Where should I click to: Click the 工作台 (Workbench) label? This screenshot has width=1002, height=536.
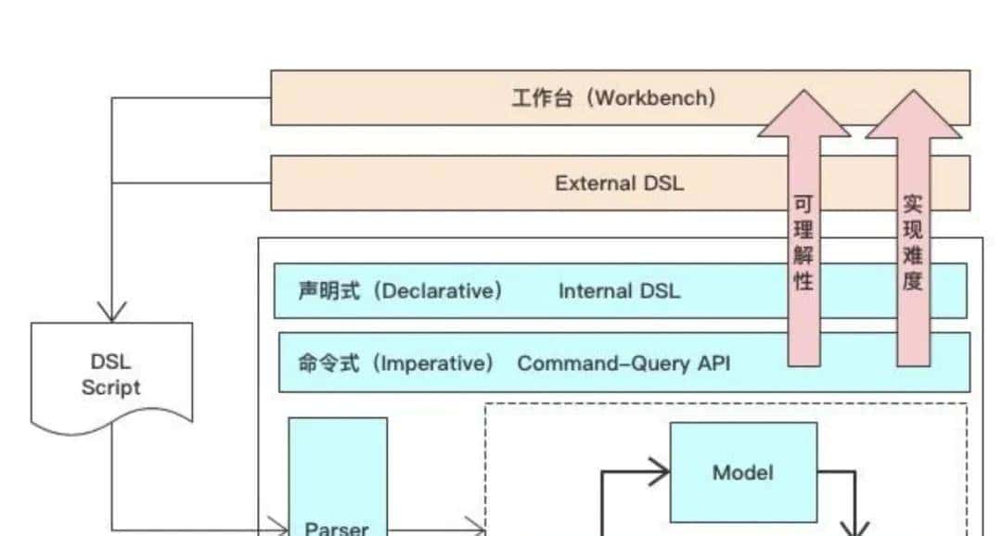tap(613, 97)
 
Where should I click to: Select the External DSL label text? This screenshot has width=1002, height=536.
tap(619, 183)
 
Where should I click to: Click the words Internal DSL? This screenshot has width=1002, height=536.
tap(619, 291)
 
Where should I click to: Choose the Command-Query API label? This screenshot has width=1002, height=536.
tap(623, 363)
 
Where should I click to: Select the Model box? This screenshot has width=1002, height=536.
tap(743, 472)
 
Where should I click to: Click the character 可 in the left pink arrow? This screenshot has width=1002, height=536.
tap(803, 204)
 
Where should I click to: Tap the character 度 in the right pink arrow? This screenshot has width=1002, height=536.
tap(912, 281)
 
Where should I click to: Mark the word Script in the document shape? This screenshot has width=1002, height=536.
tap(110, 388)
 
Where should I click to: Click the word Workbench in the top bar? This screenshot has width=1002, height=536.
tap(655, 97)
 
